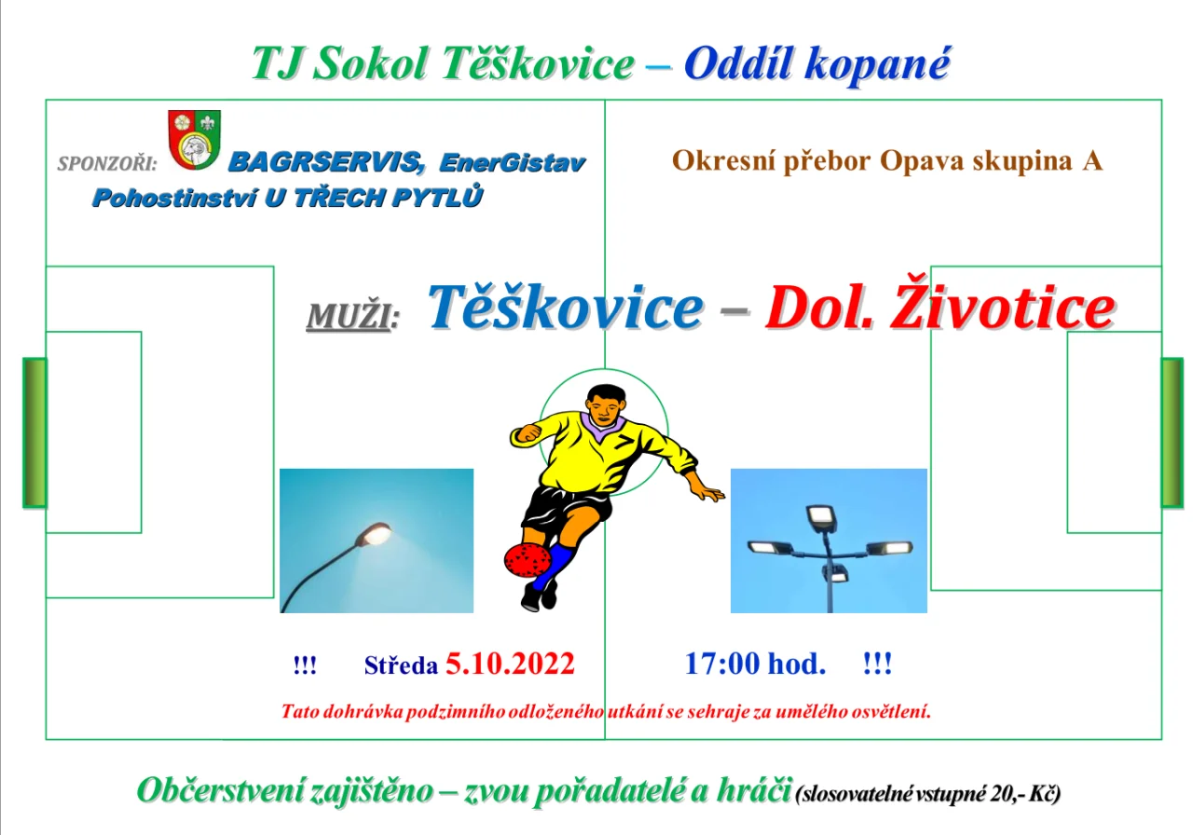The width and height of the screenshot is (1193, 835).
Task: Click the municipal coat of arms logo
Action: click(195, 140)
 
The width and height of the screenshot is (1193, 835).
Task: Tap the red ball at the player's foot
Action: click(528, 560)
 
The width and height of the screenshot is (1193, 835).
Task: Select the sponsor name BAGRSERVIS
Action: click(326, 162)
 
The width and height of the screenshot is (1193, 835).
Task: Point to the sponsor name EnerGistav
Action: click(513, 162)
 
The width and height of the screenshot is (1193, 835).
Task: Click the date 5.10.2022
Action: click(510, 664)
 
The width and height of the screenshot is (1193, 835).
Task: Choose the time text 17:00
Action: click(722, 664)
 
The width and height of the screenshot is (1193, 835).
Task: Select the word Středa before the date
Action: click(401, 665)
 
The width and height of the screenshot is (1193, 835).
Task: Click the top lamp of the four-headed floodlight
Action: click(821, 517)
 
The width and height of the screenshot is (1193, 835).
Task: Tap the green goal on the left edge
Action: click(35, 433)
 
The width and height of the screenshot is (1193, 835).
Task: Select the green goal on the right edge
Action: click(1172, 433)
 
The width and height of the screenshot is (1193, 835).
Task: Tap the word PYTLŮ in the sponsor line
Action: click(437, 197)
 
